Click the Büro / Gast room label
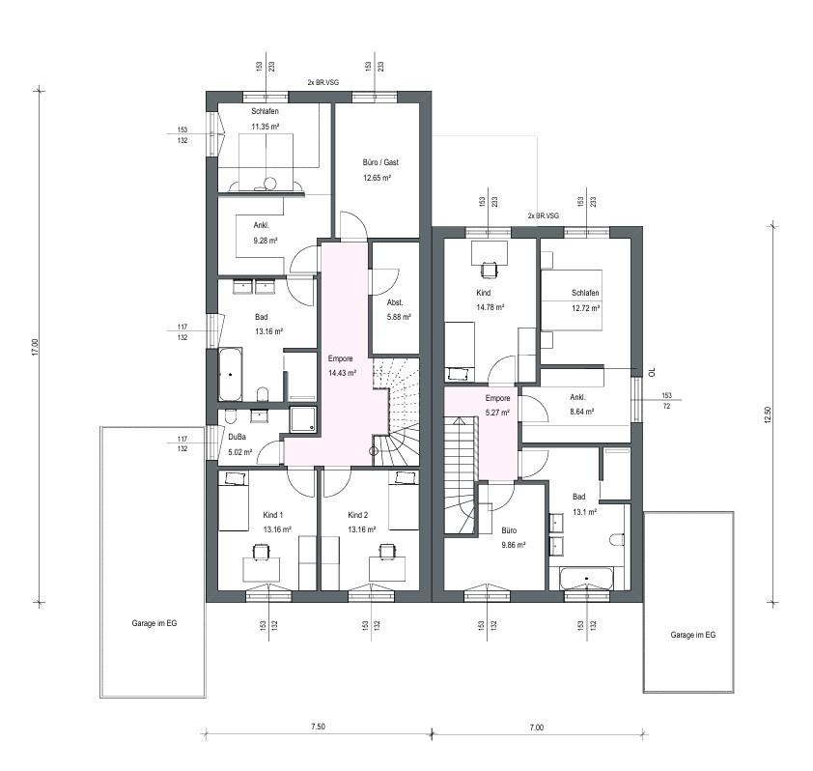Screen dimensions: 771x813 point(379,162)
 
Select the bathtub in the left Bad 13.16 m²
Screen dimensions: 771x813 point(232,375)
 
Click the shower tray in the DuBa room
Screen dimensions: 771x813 point(304,420)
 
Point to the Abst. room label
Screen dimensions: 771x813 point(394,301)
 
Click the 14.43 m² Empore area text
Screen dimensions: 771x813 point(342,372)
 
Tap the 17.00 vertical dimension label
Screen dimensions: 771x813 point(34,347)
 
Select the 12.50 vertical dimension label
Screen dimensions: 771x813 point(769,415)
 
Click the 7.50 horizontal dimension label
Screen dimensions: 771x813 point(318,727)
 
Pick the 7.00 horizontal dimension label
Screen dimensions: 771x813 point(537,727)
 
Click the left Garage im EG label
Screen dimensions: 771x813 point(154,623)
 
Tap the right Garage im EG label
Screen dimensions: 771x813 point(692,635)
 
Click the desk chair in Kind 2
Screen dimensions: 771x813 point(387,552)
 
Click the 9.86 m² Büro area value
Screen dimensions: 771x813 point(512,545)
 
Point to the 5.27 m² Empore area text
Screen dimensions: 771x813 point(496,411)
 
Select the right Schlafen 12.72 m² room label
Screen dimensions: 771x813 point(585,293)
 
